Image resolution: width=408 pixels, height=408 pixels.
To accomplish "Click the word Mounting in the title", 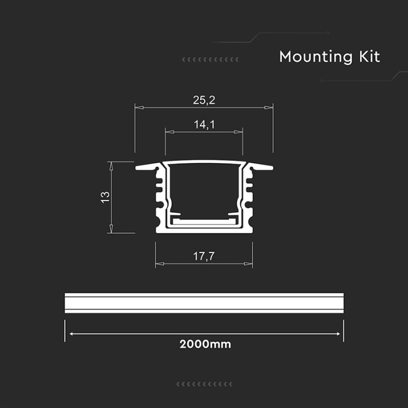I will coord(315,57).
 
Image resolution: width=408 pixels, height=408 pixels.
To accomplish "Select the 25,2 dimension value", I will coord(204,100).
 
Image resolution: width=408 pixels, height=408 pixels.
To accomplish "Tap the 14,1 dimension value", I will coord(204,124).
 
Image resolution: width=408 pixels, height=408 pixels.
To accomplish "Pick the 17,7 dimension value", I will coord(204,256).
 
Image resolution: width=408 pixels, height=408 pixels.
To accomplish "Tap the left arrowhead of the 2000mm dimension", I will coord(72,334).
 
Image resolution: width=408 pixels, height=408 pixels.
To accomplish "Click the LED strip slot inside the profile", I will coord(204,222).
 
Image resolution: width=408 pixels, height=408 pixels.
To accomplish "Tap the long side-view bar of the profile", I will coord(204,303).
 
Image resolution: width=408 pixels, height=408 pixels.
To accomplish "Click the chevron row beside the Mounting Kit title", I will coord(210,59).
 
